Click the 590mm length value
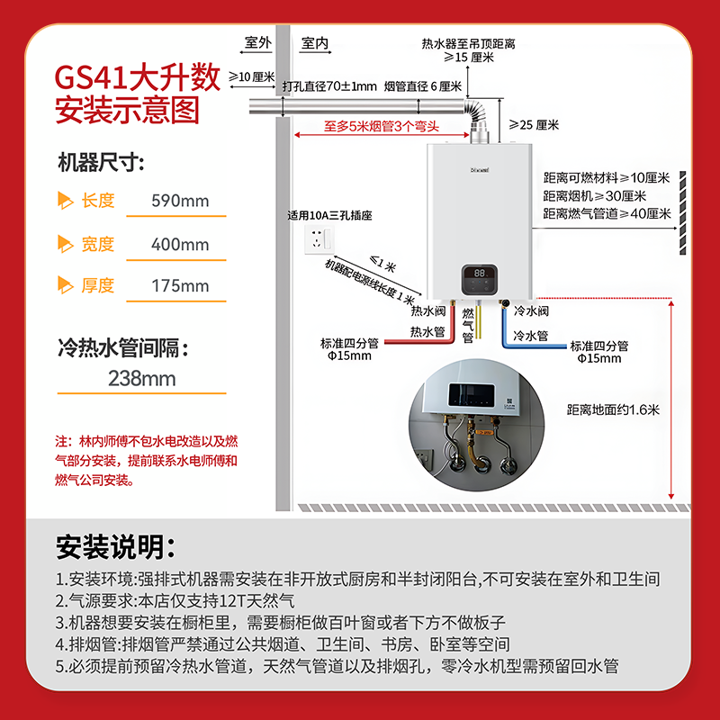pos(180,201)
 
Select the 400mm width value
pos(180,244)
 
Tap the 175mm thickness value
pos(180,285)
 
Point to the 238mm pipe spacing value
pos(142,379)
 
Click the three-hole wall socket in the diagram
pos(319,239)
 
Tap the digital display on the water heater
pos(480,280)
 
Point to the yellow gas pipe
pos(478,321)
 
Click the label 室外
pos(258,42)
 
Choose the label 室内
pos(315,43)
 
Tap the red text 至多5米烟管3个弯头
pos(382,126)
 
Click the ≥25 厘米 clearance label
pos(534,125)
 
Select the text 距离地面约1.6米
pos(613,409)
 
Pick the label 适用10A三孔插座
pos(329,215)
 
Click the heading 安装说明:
pos(115,547)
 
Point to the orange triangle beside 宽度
pos(65,244)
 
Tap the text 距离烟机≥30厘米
pos(595,196)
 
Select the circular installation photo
pos(477,425)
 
